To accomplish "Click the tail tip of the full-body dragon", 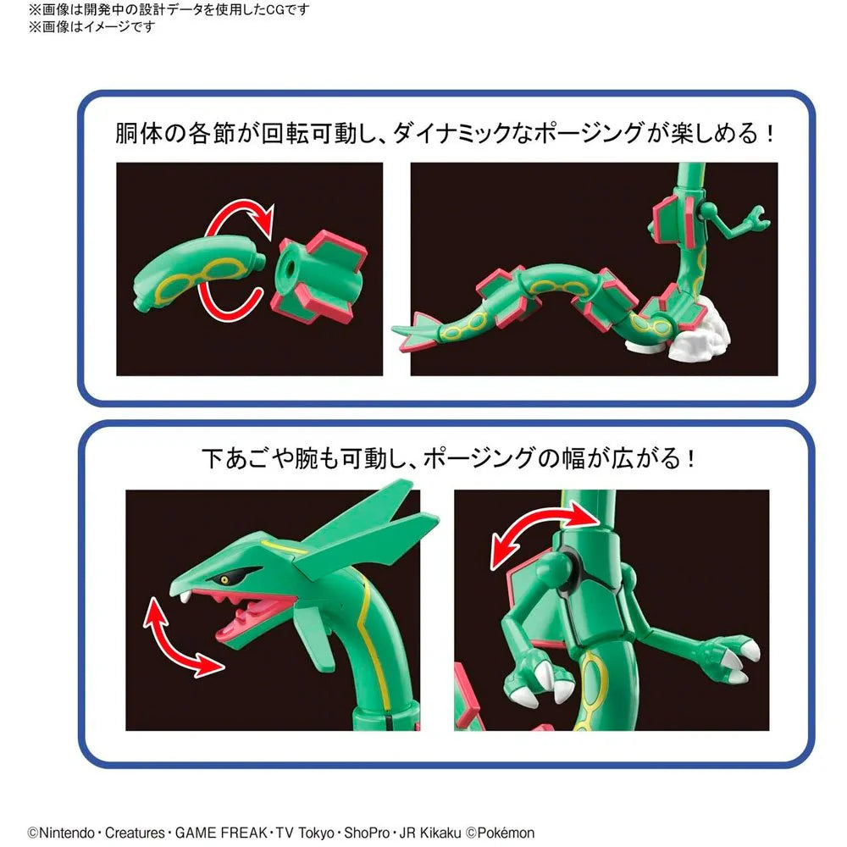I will tap(402, 329).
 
